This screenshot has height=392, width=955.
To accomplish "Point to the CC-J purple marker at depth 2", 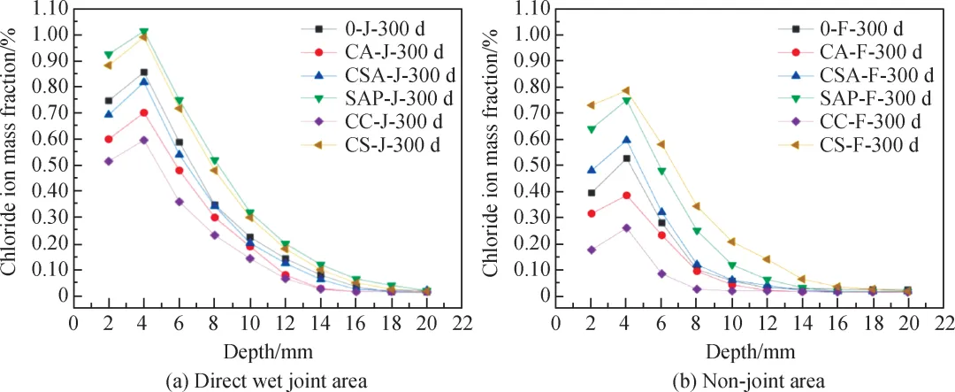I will pyautogui.click(x=109, y=161).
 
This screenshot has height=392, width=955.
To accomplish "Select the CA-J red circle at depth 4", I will pyautogui.click(x=143, y=112).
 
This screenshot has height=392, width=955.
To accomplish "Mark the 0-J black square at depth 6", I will pyautogui.click(x=178, y=142).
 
